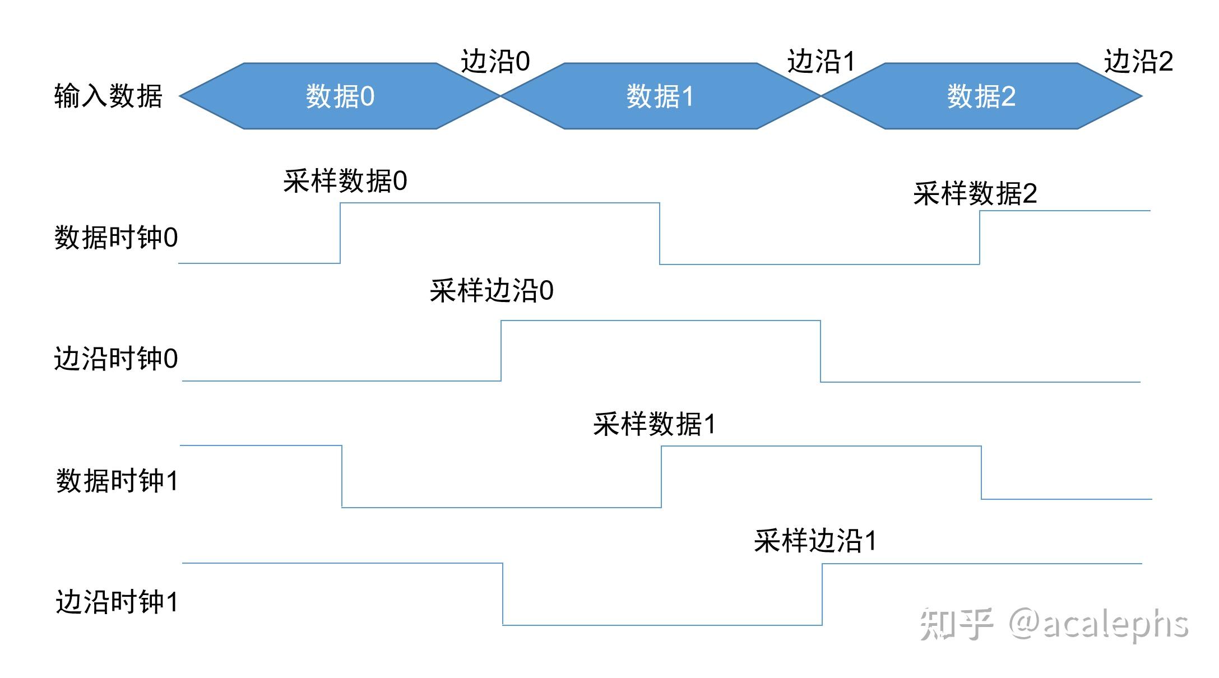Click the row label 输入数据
pyautogui.click(x=108, y=96)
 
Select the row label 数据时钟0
pyautogui.click(x=116, y=238)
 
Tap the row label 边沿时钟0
pyautogui.click(x=116, y=359)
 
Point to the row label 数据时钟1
pyautogui.click(x=117, y=481)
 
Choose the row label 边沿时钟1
pyautogui.click(x=117, y=602)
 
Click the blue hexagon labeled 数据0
pyautogui.click(x=340, y=96)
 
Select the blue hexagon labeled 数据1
pyautogui.click(x=660, y=96)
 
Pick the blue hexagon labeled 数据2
pyautogui.click(x=981, y=96)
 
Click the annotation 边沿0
pyautogui.click(x=495, y=61)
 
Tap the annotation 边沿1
pyautogui.click(x=821, y=61)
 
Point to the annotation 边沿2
pyautogui.click(x=1138, y=61)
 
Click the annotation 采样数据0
pyautogui.click(x=345, y=181)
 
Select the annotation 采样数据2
pyautogui.click(x=975, y=194)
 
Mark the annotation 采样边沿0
pyautogui.click(x=492, y=291)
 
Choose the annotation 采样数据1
pyautogui.click(x=654, y=424)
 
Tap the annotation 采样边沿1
pyautogui.click(x=815, y=541)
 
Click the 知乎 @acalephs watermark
pyautogui.click(x=1054, y=624)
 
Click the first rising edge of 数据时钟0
pyautogui.click(x=340, y=233)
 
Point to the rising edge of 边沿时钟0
pyautogui.click(x=501, y=351)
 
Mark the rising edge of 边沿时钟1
pyautogui.click(x=822, y=594)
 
